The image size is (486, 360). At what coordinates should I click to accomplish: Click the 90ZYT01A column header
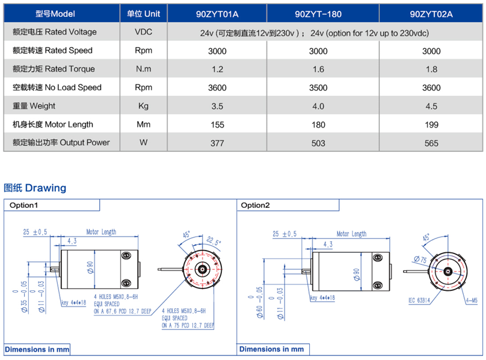click(217, 13)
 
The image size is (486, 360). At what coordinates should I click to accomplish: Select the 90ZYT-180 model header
click(318, 13)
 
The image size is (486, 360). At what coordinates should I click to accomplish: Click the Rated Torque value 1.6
click(318, 69)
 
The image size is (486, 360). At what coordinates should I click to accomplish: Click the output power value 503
click(318, 143)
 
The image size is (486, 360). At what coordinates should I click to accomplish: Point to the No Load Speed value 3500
click(318, 88)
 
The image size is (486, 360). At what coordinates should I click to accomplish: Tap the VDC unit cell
click(143, 32)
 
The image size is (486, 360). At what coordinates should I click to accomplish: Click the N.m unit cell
click(143, 69)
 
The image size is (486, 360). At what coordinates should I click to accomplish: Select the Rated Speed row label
click(52, 51)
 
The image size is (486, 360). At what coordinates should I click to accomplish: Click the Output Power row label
click(61, 143)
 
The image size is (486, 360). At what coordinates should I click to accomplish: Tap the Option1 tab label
click(23, 205)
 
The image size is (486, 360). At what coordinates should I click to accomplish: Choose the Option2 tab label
click(256, 205)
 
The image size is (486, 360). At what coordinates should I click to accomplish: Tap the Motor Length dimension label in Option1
click(101, 232)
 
